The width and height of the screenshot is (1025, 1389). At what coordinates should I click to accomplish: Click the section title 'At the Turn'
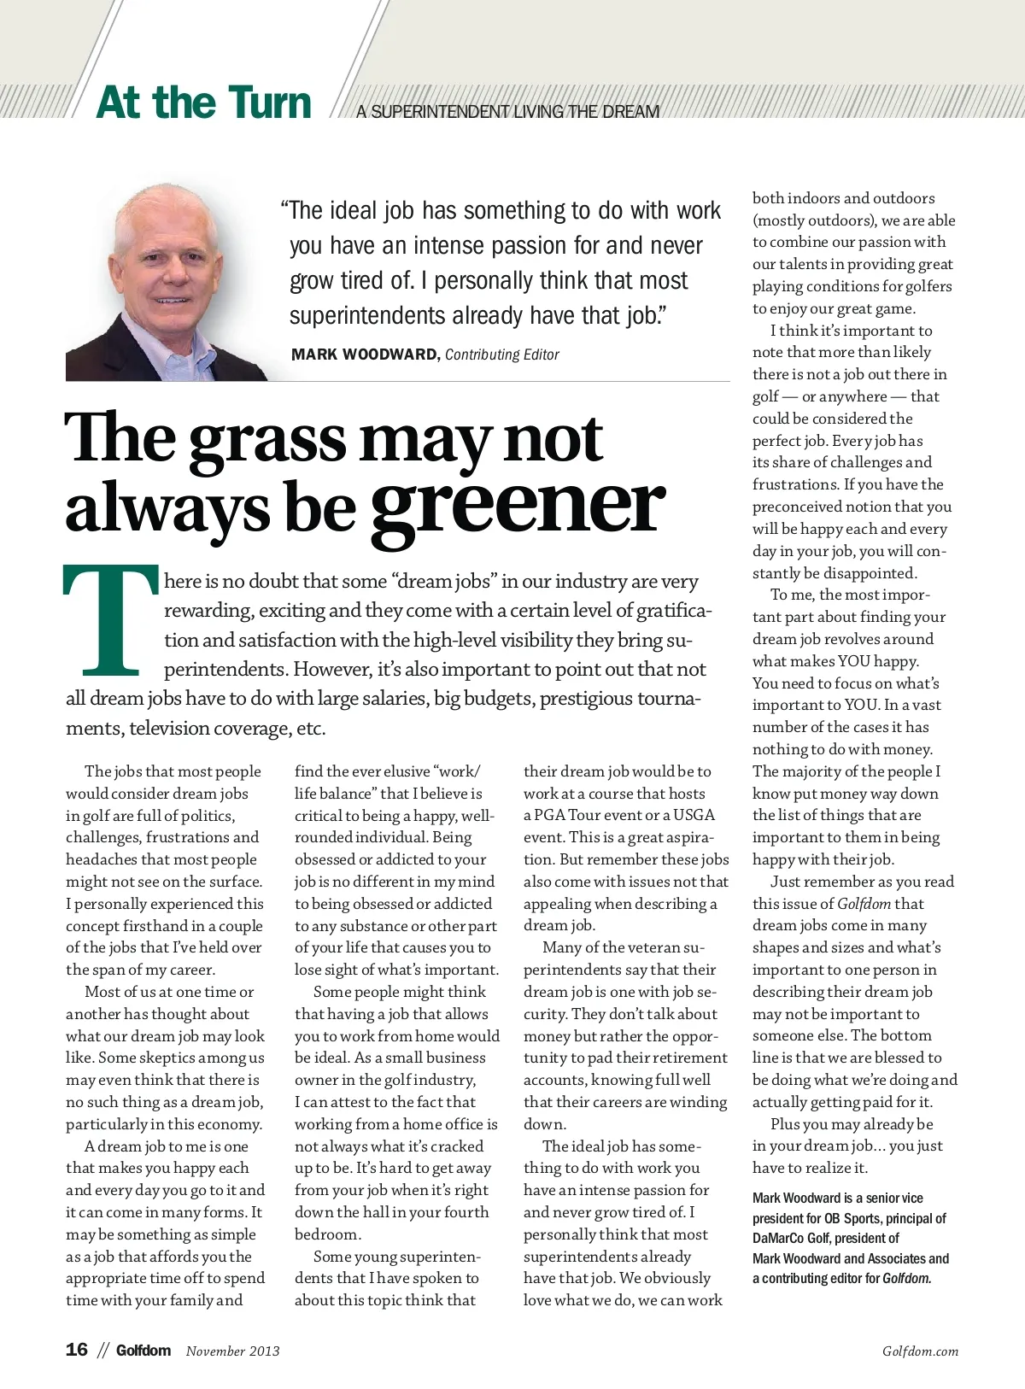pyautogui.click(x=203, y=103)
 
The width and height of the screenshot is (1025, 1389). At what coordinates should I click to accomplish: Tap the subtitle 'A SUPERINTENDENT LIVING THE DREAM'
pyautogui.click(x=508, y=112)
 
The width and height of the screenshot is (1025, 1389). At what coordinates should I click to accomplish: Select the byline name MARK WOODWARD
pyautogui.click(x=365, y=355)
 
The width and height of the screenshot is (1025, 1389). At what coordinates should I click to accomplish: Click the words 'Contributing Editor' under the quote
pyautogui.click(x=502, y=355)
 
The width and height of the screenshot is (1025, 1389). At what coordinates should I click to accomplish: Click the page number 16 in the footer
pyautogui.click(x=77, y=1350)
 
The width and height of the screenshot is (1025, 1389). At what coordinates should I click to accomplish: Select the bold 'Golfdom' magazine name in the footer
pyautogui.click(x=143, y=1351)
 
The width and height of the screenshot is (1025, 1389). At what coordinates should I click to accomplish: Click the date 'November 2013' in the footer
pyautogui.click(x=232, y=1351)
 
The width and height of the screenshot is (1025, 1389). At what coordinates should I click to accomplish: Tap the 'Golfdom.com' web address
pyautogui.click(x=920, y=1351)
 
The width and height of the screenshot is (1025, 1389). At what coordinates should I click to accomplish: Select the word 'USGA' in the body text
pyautogui.click(x=694, y=815)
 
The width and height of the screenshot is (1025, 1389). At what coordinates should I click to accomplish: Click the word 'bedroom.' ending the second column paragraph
pyautogui.click(x=328, y=1234)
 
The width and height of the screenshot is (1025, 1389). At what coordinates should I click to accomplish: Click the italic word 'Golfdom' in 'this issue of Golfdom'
pyautogui.click(x=864, y=904)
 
